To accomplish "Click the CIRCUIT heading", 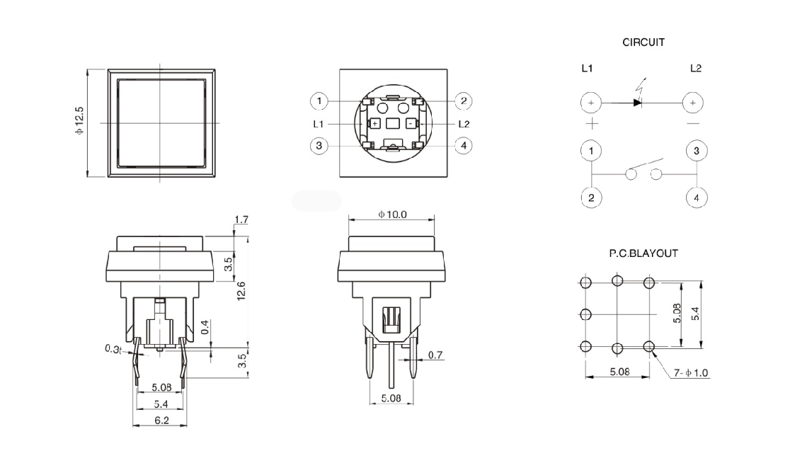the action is (x=643, y=42).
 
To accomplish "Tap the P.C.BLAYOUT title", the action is (x=643, y=253).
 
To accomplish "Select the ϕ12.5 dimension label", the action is (x=79, y=120).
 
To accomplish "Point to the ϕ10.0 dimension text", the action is (x=392, y=214).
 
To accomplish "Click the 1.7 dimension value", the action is (x=241, y=219).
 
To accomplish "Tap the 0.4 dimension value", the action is (x=205, y=327).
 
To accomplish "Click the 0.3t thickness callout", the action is (x=113, y=349).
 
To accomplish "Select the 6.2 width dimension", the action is (x=161, y=420).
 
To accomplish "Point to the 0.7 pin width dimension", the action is (x=435, y=355).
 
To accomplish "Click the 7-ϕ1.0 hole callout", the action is (x=691, y=373).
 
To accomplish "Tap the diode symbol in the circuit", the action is (x=637, y=102).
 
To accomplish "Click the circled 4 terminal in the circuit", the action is (x=697, y=197).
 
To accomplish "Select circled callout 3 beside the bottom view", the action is (x=319, y=146).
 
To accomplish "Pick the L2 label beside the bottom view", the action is (x=464, y=124).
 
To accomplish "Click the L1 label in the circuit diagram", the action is (x=587, y=68).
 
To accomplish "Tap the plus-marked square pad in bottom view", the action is (x=375, y=123).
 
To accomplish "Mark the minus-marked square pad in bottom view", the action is (x=411, y=123).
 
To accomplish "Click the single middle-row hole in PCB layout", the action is (x=585, y=314).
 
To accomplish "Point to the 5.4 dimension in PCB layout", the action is (x=695, y=314).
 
